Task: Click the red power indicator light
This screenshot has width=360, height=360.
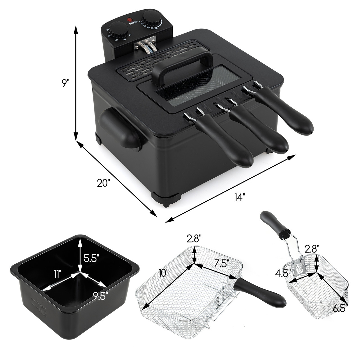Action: [x=130, y=20]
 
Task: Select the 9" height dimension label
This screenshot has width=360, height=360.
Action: [x=65, y=83]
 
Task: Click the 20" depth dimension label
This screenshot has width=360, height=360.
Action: [x=103, y=183]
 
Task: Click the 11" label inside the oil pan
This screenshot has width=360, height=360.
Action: [x=58, y=273]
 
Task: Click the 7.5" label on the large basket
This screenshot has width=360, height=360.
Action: [x=221, y=264]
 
